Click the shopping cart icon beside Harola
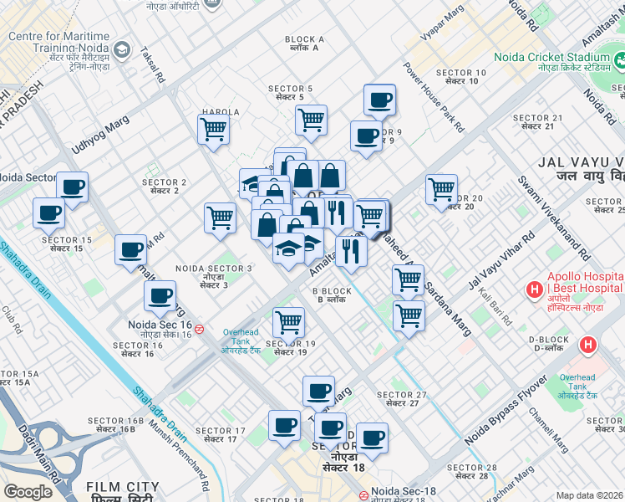click(213, 129)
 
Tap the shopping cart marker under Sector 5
click(311, 119)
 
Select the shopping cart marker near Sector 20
click(441, 188)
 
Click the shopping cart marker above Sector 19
click(288, 321)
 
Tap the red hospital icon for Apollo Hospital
click(533, 289)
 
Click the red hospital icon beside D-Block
click(589, 344)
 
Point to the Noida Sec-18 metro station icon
click(365, 494)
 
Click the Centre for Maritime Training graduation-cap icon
click(122, 50)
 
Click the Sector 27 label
click(402, 399)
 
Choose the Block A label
click(304, 44)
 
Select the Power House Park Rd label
click(434, 97)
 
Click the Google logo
click(28, 492)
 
